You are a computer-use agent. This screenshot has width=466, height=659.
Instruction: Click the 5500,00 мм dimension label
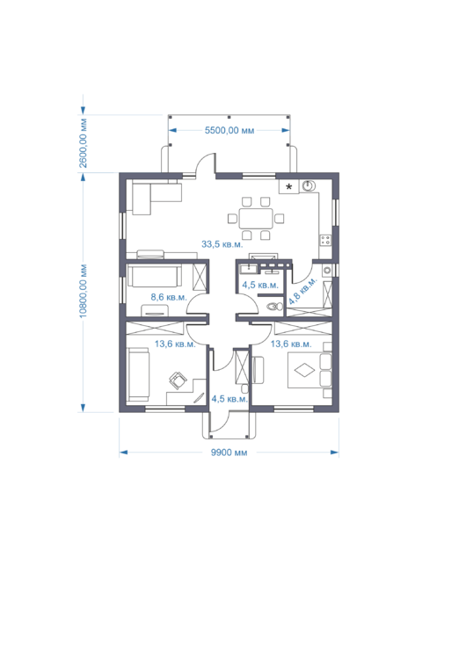[229, 130]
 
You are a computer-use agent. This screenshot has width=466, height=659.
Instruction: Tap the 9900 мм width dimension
[229, 453]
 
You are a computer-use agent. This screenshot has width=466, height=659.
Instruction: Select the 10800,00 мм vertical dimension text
[84, 291]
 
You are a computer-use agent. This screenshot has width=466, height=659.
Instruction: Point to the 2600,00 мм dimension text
[84, 143]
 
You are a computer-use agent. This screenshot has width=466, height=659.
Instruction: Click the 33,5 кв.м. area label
[222, 244]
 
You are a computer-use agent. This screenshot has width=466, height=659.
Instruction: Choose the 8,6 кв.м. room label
[169, 297]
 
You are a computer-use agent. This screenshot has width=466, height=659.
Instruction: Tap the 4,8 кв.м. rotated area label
[302, 291]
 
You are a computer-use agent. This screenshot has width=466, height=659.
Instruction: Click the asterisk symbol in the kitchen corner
[289, 186]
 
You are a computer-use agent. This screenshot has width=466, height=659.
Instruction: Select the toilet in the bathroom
[275, 306]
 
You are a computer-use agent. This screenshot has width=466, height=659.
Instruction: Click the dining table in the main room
[256, 218]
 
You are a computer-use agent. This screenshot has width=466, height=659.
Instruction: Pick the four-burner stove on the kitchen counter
[325, 240]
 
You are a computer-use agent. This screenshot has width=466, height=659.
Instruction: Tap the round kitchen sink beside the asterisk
[309, 185]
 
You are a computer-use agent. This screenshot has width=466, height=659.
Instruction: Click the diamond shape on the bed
[304, 371]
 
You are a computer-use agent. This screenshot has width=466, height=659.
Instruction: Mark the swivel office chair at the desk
[178, 380]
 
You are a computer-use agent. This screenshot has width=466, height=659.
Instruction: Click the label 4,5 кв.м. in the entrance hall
[229, 398]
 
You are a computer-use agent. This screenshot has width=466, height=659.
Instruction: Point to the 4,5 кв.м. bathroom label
[260, 285]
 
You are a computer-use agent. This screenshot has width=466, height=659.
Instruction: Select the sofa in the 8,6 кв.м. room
[155, 276]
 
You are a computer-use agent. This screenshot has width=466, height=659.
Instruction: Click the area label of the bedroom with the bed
[291, 344]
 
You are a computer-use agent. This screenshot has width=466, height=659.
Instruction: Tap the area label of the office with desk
[175, 344]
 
